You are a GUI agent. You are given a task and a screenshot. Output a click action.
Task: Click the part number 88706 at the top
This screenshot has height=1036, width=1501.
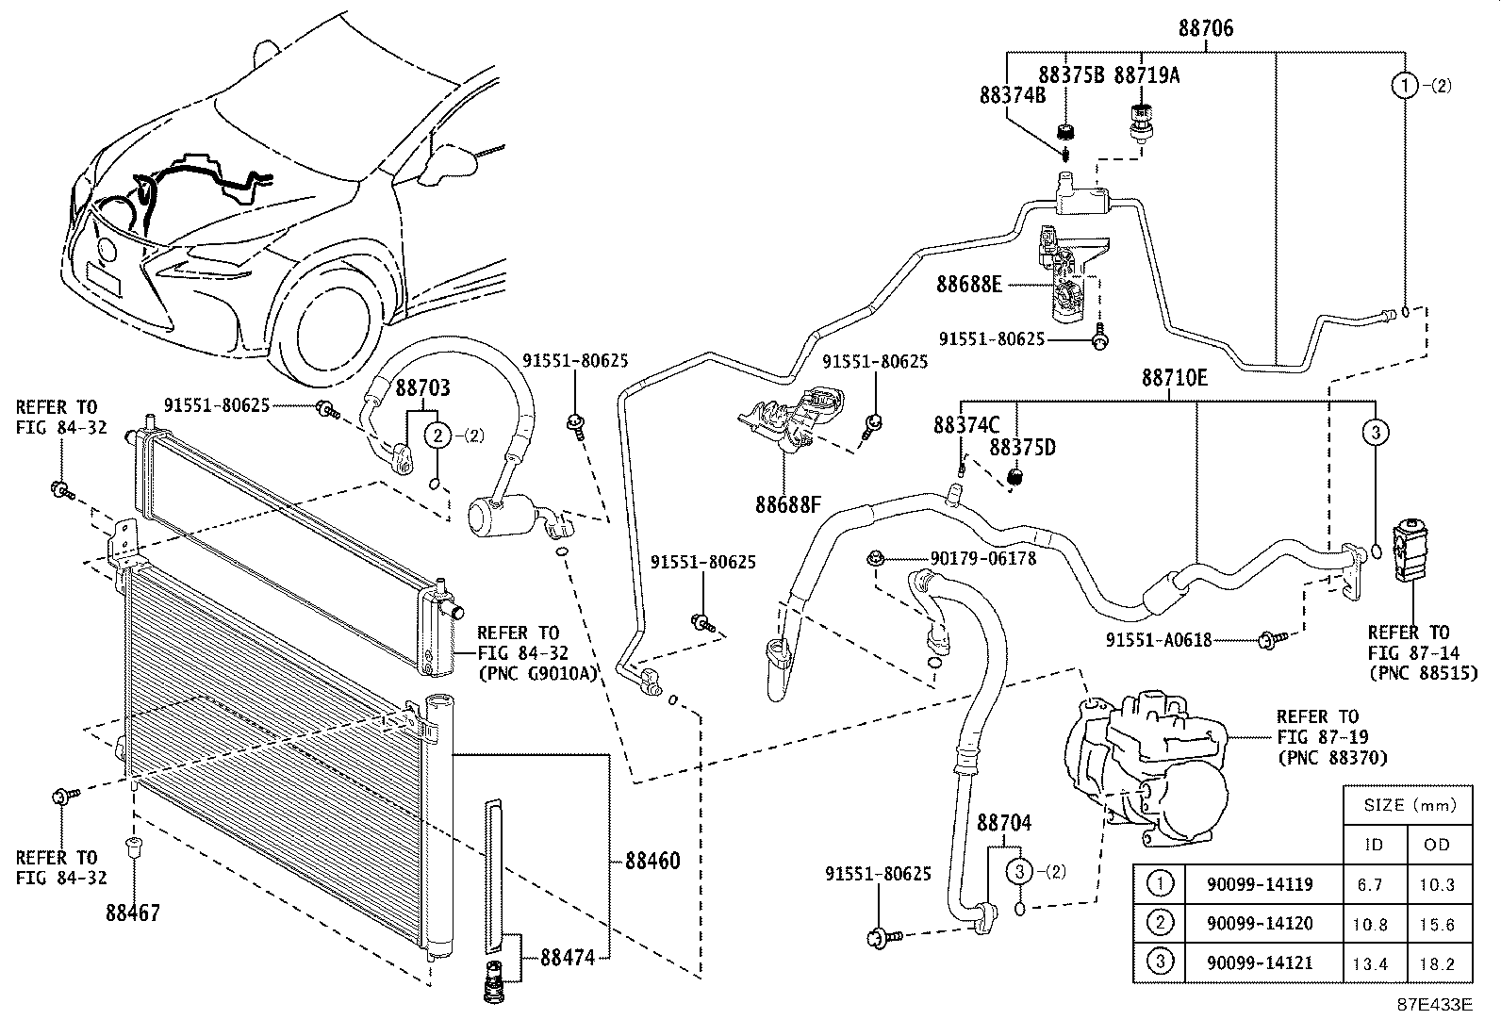tap(1206, 28)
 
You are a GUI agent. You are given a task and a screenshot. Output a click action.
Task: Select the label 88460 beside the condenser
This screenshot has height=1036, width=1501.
tap(652, 861)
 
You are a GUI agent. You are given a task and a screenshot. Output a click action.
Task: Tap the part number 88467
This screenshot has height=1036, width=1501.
tap(133, 913)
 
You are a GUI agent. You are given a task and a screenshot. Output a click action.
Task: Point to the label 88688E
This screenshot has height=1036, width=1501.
tap(969, 284)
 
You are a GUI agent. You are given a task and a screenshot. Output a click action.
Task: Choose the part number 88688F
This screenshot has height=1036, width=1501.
tap(788, 504)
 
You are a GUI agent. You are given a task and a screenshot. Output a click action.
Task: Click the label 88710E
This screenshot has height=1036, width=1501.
tap(1175, 378)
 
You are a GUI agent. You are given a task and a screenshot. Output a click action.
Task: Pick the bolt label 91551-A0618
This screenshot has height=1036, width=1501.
tap(1159, 640)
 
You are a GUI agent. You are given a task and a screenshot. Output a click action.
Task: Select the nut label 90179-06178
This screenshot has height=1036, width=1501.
tap(983, 558)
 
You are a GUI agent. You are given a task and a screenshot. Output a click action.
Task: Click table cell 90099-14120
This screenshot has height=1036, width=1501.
tap(1260, 923)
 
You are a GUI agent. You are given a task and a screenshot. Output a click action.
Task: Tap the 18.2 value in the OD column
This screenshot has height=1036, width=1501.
tap(1437, 963)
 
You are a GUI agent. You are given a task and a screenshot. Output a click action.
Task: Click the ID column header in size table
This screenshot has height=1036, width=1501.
tap(1374, 845)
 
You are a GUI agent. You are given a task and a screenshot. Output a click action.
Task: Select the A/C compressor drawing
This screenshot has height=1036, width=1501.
tap(1147, 769)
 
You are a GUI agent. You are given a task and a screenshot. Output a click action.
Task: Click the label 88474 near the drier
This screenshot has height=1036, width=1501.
tap(568, 958)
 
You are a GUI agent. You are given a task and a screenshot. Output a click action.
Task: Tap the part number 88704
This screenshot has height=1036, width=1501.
tap(1004, 822)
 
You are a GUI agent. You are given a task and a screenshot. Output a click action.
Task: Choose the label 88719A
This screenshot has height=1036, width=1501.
tap(1146, 75)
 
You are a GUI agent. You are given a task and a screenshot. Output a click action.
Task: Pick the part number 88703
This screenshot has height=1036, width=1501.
tap(422, 387)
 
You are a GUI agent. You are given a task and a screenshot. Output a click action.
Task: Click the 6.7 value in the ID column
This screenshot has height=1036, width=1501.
tap(1370, 884)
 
